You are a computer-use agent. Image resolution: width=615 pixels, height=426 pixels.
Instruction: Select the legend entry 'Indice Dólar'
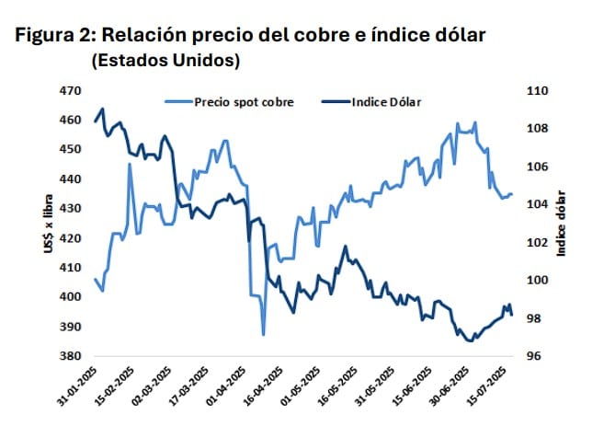(x=385, y=102)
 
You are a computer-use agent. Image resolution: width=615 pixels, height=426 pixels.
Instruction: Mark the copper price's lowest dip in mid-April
(x=263, y=334)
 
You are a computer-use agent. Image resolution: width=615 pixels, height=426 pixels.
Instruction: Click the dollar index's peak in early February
(x=102, y=109)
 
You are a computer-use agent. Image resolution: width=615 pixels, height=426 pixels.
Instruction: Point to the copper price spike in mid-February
(x=130, y=164)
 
